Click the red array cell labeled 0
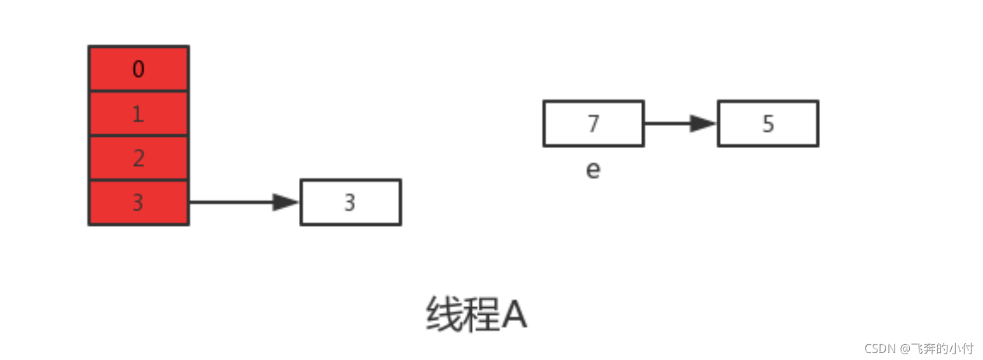138,69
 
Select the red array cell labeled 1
138,114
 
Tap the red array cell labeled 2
138,158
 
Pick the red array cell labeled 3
138,203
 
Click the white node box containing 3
350,202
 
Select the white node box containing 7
593,123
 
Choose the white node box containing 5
768,123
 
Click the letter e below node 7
593,170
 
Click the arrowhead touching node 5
704,123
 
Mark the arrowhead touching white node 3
286,202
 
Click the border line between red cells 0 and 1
138,92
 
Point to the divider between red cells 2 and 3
138,181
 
